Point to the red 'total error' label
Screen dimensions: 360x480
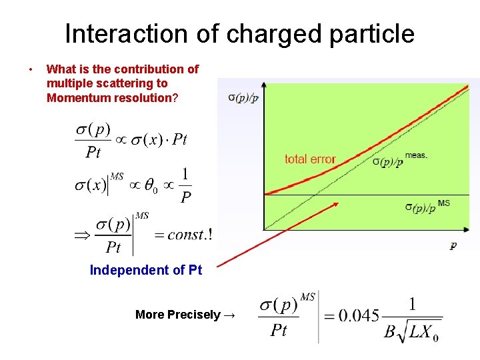(309, 159)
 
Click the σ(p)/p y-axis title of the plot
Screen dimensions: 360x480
(243, 97)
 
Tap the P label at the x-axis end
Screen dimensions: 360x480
(453, 246)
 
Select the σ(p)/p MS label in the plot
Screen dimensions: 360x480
(427, 206)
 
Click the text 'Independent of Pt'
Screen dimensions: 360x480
(145, 270)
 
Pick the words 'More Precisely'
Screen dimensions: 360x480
(177, 315)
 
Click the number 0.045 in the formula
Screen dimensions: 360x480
(359, 315)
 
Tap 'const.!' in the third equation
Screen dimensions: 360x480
(189, 235)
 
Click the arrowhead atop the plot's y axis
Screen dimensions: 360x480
(265, 85)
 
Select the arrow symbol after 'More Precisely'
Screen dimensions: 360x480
(229, 315)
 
